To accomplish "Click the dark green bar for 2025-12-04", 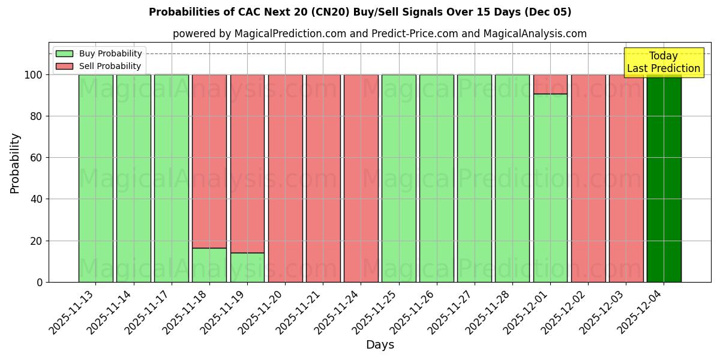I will coord(664,178).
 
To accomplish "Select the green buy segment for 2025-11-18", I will coord(209,265).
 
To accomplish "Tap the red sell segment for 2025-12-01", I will coord(550,84).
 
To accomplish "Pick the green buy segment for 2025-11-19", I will coord(247,267).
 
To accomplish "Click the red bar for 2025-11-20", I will coord(285,178).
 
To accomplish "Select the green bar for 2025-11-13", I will coord(95,178).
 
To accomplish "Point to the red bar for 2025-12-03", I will coord(626,178).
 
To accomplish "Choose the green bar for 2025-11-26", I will coord(436,178).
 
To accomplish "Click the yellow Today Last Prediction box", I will coord(664,62).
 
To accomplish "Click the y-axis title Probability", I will coord(15,163).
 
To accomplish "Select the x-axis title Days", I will coord(380,345).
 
